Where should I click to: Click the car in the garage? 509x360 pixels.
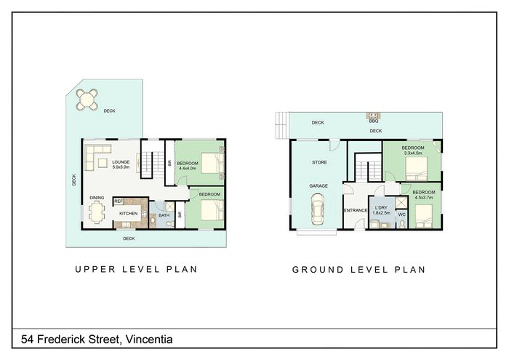pos(317,209)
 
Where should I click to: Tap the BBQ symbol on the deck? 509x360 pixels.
pos(374,115)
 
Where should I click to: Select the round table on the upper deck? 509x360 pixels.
pos(87,100)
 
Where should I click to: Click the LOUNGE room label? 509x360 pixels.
pos(121,162)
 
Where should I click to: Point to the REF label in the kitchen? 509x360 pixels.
pos(119,201)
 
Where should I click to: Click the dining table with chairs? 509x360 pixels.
pos(96,212)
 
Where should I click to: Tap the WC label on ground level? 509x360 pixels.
pos(402,215)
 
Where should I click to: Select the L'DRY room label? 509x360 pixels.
pos(381,208)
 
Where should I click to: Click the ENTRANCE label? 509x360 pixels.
pos(356,210)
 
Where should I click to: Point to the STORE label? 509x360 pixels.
pos(319,162)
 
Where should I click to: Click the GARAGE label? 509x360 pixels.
pos(318,186)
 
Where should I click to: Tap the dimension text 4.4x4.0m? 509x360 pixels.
pos(188,169)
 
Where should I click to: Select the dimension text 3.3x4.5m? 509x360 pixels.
pos(413,153)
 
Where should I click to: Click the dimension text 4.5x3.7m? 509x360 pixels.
pos(424,197)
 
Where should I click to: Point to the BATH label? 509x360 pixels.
pos(164,215)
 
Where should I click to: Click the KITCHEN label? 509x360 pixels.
pos(129,214)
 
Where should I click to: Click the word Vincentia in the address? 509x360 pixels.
pos(149,339)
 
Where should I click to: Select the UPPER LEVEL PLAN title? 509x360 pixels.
pos(136,269)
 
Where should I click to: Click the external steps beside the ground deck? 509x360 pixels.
pos(282,125)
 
